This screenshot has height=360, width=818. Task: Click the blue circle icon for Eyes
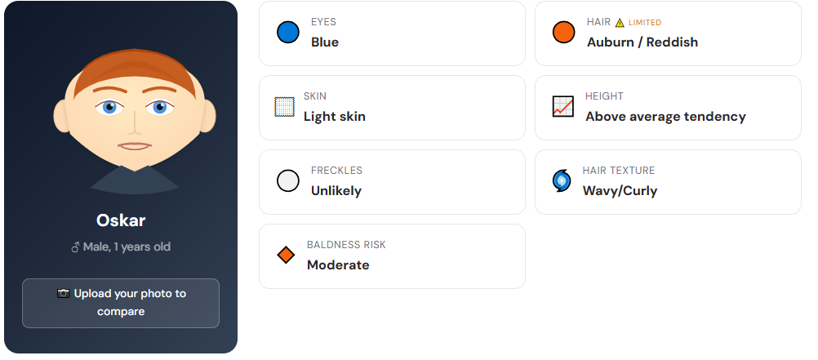coord(288,33)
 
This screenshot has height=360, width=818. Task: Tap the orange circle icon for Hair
coord(564,33)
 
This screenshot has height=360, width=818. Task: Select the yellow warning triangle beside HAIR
coord(620,23)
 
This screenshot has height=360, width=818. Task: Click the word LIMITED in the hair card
coord(645,23)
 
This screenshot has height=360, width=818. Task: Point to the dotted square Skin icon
coord(284,107)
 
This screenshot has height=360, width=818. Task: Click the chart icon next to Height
coord(563,107)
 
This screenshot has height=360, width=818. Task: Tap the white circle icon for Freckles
coord(288,181)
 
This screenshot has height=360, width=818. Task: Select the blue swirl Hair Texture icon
coord(562,181)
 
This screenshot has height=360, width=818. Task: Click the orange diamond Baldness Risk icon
coord(286,256)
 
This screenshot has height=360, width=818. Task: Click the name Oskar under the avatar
coord(121,220)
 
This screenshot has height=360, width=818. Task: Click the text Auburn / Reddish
coord(642,42)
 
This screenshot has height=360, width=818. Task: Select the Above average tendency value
coord(665,116)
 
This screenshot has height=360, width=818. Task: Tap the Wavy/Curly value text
coord(620,190)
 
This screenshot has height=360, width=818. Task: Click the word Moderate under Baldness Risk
coord(338,264)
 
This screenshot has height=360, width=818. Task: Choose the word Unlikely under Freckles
coord(336,190)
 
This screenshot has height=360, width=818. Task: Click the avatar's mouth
coord(135,146)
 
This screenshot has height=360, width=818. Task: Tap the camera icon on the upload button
coord(64,293)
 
